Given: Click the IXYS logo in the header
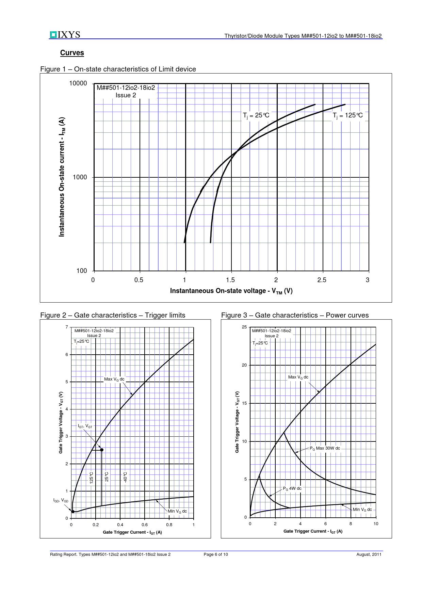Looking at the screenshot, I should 65,35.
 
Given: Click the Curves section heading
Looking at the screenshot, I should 72,53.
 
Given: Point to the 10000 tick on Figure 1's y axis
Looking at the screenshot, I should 78,84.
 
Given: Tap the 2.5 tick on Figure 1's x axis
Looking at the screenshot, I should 322,280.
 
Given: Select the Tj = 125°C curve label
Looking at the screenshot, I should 347,115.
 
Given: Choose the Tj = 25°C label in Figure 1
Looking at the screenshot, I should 256,115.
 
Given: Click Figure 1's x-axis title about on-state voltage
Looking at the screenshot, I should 231,291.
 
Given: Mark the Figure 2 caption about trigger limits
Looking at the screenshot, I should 113,315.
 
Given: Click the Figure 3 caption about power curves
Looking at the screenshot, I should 295,315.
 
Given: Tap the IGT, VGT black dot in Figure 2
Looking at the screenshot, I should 102,450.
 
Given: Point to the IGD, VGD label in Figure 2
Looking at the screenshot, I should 61,500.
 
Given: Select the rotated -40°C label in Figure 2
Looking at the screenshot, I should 125,477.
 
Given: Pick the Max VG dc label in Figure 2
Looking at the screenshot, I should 114,379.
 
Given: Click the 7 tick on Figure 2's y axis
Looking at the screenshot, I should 67,327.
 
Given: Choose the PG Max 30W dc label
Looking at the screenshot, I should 325,448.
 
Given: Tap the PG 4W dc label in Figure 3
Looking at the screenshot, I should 292,488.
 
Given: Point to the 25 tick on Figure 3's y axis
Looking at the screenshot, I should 244,327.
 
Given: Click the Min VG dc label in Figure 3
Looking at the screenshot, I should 362,510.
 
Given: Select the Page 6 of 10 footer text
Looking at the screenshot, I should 216,554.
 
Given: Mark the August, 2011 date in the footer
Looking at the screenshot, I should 369,554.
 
